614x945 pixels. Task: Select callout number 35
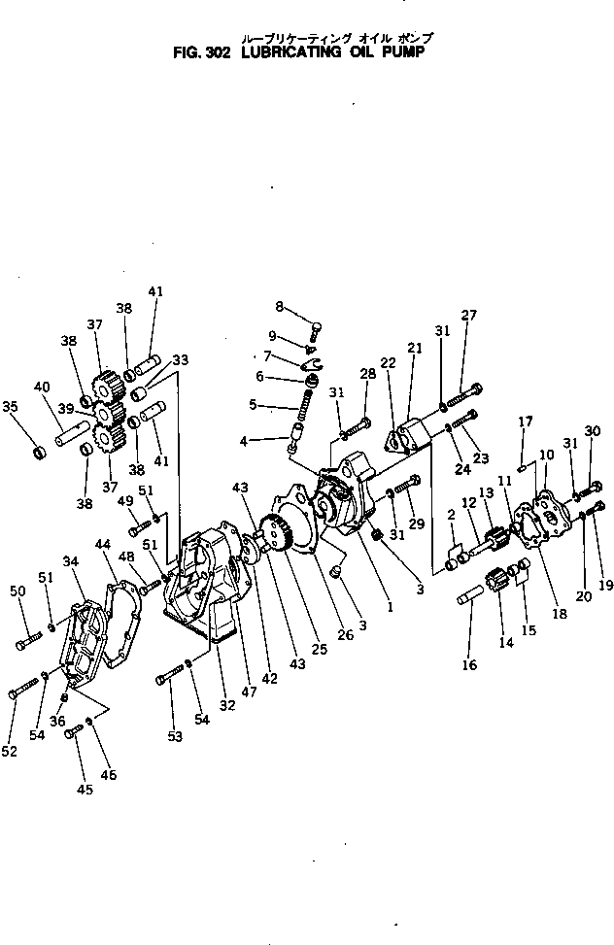11,407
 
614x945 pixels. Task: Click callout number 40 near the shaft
41,387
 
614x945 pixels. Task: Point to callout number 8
280,306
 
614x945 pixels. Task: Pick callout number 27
469,315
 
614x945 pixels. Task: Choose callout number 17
526,422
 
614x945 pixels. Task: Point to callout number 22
388,362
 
